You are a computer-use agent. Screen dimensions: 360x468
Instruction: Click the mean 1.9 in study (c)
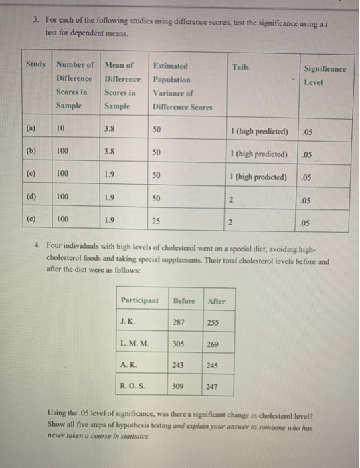pyautogui.click(x=110, y=176)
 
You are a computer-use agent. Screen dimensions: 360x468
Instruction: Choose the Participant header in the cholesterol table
pyautogui.click(x=140, y=300)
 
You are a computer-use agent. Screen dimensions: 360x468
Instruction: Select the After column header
pyautogui.click(x=217, y=301)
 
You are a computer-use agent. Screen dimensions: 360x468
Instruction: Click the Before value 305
pyautogui.click(x=179, y=344)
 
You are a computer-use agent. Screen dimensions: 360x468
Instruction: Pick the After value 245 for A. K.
pyautogui.click(x=213, y=366)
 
